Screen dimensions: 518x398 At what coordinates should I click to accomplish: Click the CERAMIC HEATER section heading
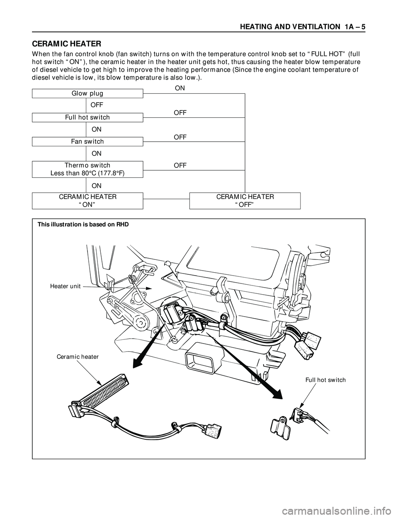point(67,44)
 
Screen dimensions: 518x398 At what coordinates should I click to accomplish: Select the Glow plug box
point(87,93)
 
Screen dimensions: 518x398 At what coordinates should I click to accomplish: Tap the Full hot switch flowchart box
point(87,117)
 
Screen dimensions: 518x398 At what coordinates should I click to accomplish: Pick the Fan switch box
point(87,141)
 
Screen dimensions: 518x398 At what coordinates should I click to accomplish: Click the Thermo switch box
point(87,169)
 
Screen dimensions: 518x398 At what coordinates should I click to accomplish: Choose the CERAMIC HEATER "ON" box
point(87,201)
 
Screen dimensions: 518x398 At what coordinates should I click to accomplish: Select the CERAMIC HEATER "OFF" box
point(245,201)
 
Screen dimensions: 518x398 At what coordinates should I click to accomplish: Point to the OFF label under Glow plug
point(97,105)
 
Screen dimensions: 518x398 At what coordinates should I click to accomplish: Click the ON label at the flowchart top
point(180,88)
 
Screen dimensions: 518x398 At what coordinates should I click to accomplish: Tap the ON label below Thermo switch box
point(97,185)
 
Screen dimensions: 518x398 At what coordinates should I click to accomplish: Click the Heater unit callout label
point(65,286)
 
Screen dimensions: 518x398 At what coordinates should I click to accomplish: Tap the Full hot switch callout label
point(325,380)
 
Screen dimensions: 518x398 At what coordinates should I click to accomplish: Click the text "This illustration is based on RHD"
point(83,225)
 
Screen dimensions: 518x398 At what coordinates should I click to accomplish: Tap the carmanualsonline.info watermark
point(340,509)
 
